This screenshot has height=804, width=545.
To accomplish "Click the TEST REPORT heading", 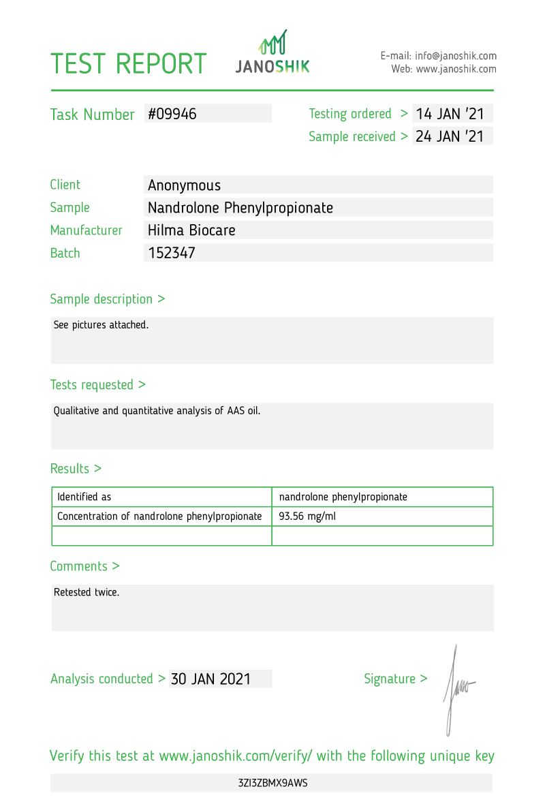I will coord(128,63).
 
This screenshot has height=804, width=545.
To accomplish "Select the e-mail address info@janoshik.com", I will coord(456,56).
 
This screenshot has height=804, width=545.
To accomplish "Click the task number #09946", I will coord(172,114).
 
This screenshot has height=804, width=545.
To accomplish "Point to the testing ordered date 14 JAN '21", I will coord(450,114).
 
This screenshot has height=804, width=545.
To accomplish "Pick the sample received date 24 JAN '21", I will coord(450,136).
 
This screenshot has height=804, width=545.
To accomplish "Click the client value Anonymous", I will coord(185,185).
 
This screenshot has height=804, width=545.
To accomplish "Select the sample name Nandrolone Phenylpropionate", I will coord(240,208).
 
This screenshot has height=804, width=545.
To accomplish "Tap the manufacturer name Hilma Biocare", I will coord(191,230).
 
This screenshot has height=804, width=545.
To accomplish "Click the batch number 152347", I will coord(172,253).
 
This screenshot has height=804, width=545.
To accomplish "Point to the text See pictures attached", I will coord(101,325).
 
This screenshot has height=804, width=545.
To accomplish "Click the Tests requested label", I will coord(97,385).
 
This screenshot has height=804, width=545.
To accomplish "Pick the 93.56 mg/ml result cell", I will coord(307,516).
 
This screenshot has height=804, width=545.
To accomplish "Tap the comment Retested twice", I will coord(87,592).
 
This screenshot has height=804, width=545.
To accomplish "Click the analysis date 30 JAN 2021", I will coord(211,679).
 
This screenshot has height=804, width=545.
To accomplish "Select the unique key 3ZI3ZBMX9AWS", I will coord(272,783).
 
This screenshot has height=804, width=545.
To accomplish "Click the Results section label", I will coord(76,469).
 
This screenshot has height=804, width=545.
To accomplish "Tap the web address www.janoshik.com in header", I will coord(456,69).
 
